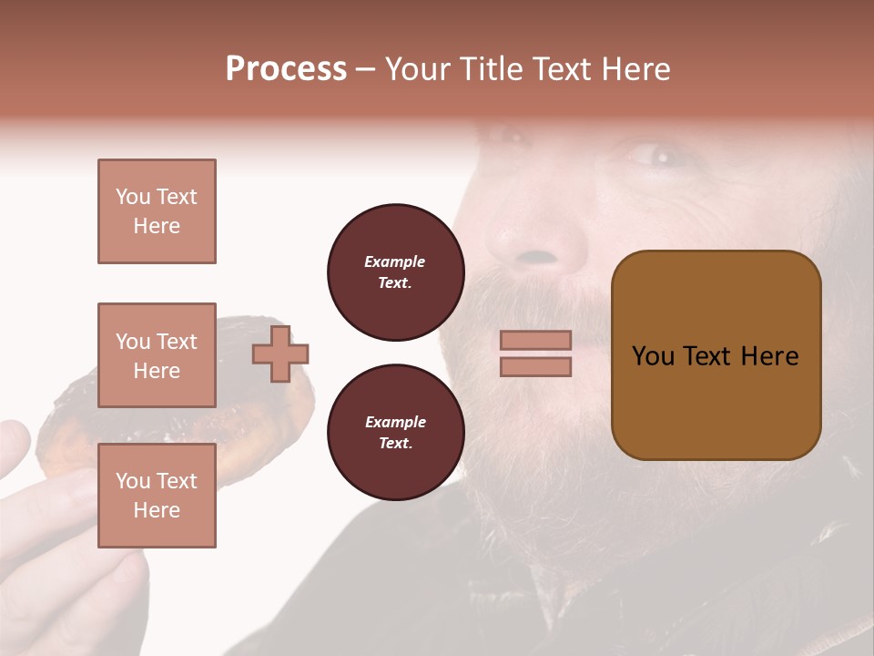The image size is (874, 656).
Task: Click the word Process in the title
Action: tap(286, 69)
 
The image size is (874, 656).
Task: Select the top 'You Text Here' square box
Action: tap(157, 211)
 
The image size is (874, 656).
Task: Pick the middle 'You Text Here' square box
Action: tap(157, 355)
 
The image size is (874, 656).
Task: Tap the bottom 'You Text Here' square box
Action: tap(157, 496)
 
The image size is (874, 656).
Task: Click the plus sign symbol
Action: tap(280, 354)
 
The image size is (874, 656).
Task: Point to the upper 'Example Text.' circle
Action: tap(395, 272)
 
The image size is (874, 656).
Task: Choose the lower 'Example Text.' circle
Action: tap(395, 433)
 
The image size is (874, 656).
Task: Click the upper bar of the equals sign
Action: tap(535, 340)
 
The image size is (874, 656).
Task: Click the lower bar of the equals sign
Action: tap(535, 366)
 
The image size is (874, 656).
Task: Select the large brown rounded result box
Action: tap(716, 355)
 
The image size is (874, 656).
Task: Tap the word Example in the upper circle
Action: tap(395, 261)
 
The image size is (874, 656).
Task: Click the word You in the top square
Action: tap(133, 197)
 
